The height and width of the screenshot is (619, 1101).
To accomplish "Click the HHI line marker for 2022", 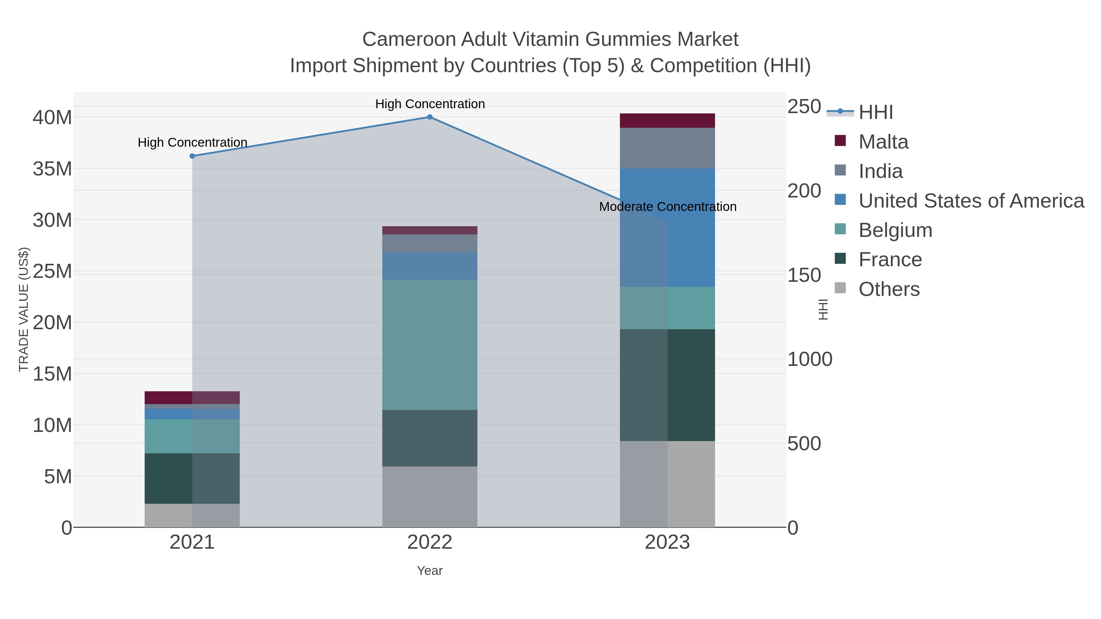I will click(430, 117).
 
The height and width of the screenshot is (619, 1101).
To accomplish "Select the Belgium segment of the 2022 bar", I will click(430, 345).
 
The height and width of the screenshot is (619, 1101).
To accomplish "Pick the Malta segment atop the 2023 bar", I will click(667, 120).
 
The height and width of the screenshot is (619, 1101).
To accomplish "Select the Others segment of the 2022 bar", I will click(430, 496).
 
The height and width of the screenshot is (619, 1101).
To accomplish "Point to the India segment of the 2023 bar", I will click(667, 148).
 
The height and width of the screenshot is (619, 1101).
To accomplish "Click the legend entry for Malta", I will click(883, 142).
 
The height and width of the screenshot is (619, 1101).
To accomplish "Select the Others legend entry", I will click(889, 289).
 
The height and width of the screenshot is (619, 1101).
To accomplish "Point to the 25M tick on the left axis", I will click(52, 271).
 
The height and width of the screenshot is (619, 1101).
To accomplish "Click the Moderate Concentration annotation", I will click(668, 207).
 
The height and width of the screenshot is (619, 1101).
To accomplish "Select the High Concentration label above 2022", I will click(430, 104).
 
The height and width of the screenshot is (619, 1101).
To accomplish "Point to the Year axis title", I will click(430, 571).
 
